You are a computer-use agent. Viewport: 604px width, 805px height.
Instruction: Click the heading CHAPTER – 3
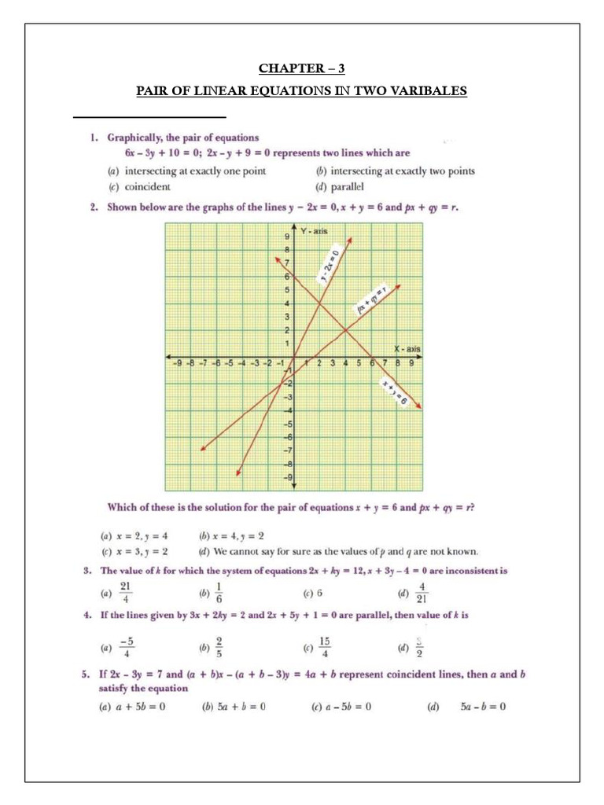(302, 68)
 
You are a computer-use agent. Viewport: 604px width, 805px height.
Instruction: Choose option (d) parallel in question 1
(341, 186)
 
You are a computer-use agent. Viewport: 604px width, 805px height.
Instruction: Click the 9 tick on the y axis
(287, 236)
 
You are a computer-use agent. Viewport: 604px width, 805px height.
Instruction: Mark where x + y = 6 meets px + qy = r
(345, 330)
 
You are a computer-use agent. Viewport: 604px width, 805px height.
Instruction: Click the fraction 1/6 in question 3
(221, 590)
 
